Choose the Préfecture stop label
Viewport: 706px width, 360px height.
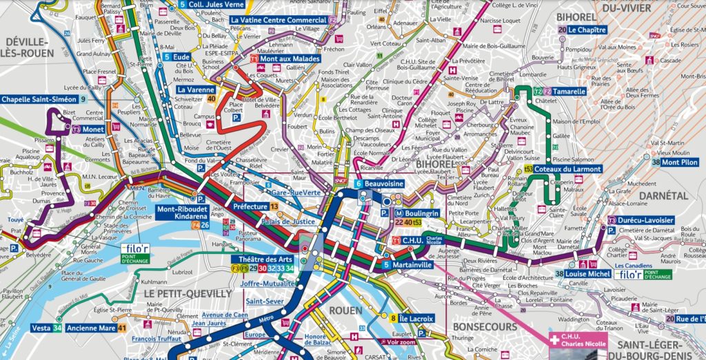[250, 205]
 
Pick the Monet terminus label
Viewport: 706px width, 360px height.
[95, 129]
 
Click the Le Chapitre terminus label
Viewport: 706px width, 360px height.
[587, 30]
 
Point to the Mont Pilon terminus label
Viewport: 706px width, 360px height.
[680, 163]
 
